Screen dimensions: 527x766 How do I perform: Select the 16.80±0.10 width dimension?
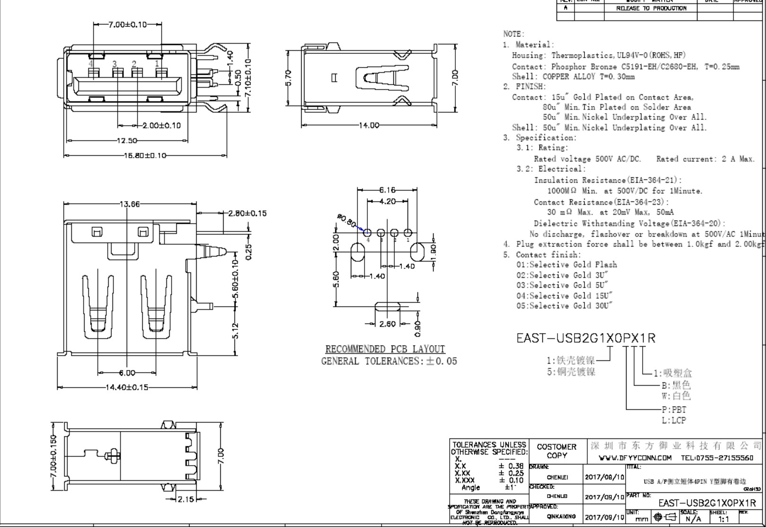(x=145, y=156)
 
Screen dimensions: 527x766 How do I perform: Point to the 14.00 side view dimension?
(x=368, y=125)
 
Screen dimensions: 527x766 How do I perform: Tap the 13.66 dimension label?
(x=130, y=204)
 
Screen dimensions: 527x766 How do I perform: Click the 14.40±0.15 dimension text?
(x=126, y=387)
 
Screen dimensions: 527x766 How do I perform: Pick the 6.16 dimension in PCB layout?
(x=386, y=190)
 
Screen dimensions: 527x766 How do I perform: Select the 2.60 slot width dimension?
(x=387, y=324)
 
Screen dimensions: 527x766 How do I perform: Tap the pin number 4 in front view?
(x=92, y=63)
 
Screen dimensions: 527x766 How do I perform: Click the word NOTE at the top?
(x=513, y=34)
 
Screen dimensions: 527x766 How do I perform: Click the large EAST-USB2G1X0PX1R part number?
(x=586, y=338)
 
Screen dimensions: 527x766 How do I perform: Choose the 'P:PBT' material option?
(x=673, y=410)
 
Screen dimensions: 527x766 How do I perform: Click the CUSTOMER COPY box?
(x=557, y=451)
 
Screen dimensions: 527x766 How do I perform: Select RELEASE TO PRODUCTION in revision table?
(x=651, y=9)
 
